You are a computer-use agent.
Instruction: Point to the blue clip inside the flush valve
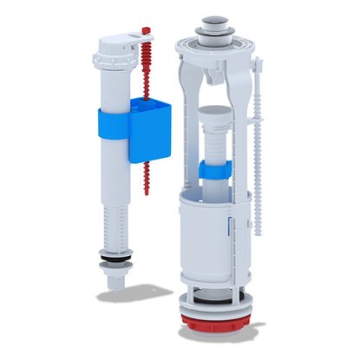click(210, 170)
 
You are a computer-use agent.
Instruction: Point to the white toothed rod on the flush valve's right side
click(257, 173)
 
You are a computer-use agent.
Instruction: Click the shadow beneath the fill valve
click(130, 296)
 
